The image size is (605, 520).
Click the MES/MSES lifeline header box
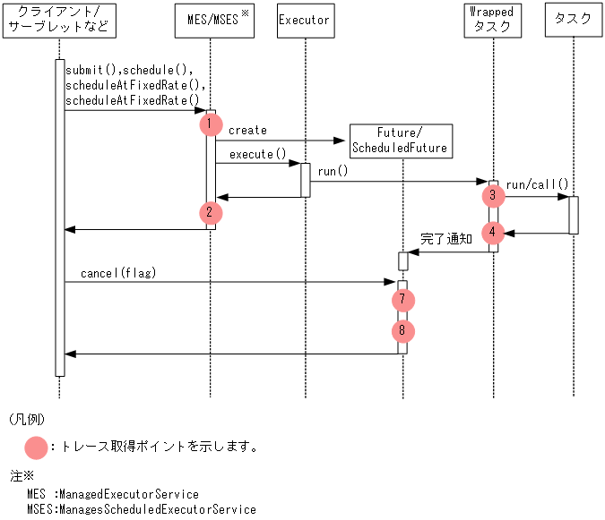click(x=212, y=20)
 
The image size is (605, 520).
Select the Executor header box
click(x=305, y=20)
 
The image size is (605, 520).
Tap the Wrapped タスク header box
click(x=492, y=20)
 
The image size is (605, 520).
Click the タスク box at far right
click(x=573, y=20)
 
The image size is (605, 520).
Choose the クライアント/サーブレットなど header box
click(x=59, y=20)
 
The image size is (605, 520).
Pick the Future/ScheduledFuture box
click(x=400, y=140)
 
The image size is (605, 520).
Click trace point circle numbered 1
click(x=211, y=124)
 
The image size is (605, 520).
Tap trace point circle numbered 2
click(x=210, y=213)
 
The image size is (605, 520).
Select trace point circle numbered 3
click(x=492, y=195)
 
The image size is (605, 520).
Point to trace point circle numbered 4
click(x=492, y=233)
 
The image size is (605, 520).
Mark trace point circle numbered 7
click(x=403, y=298)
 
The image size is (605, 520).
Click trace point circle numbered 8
click(x=403, y=331)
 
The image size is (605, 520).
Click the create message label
click(x=247, y=131)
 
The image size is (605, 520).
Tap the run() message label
click(x=333, y=170)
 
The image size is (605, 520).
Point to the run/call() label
click(x=537, y=185)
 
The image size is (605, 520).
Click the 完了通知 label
click(x=446, y=240)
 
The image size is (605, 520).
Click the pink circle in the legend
click(x=37, y=447)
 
